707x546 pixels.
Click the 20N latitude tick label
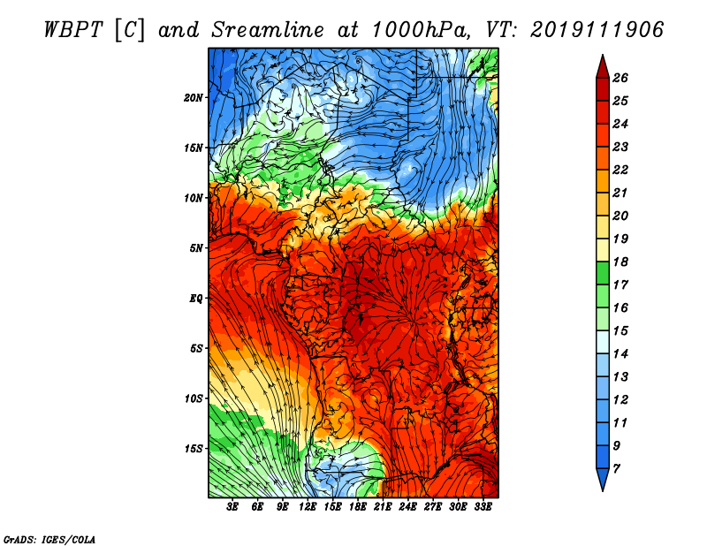coord(193,98)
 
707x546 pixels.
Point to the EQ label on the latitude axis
coord(195,299)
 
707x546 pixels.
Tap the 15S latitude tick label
coord(194,449)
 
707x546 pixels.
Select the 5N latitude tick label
coord(196,248)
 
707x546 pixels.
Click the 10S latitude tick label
coord(194,398)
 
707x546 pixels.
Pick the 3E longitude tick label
coord(232,507)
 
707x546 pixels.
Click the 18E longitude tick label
coord(358,507)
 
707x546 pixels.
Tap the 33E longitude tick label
coord(483,507)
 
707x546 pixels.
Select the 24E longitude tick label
coord(407,507)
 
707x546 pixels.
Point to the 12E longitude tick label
coord(308,507)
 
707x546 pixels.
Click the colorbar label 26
coord(620,78)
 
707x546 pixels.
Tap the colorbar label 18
coord(620,262)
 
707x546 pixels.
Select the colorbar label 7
coord(616,469)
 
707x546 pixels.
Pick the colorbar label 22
coord(620,170)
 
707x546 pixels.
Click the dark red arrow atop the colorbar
coord(603,67)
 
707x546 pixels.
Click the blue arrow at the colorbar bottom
coord(603,479)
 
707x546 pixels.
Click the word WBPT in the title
coord(73,30)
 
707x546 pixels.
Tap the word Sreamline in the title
coord(268,30)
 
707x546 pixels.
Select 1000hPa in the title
coord(418,30)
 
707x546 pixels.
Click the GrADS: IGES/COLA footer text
coord(49,539)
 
